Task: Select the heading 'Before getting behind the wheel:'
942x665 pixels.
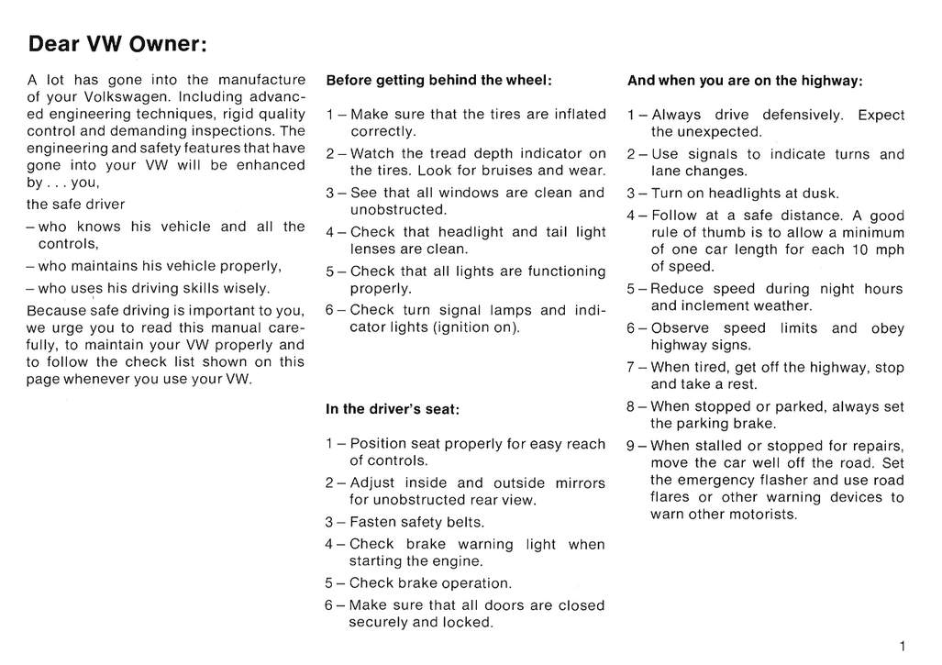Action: pyautogui.click(x=438, y=80)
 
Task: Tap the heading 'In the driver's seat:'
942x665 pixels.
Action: pyautogui.click(x=392, y=409)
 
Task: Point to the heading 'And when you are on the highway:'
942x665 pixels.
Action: pyautogui.click(x=745, y=80)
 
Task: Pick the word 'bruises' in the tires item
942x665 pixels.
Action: pyautogui.click(x=504, y=171)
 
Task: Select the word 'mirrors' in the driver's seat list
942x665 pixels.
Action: pyautogui.click(x=574, y=483)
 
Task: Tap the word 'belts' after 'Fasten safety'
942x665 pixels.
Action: pyautogui.click(x=464, y=523)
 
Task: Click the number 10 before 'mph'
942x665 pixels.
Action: pyautogui.click(x=860, y=249)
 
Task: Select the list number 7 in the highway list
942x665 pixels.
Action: pyautogui.click(x=632, y=367)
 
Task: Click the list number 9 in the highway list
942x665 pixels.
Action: pyautogui.click(x=632, y=446)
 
